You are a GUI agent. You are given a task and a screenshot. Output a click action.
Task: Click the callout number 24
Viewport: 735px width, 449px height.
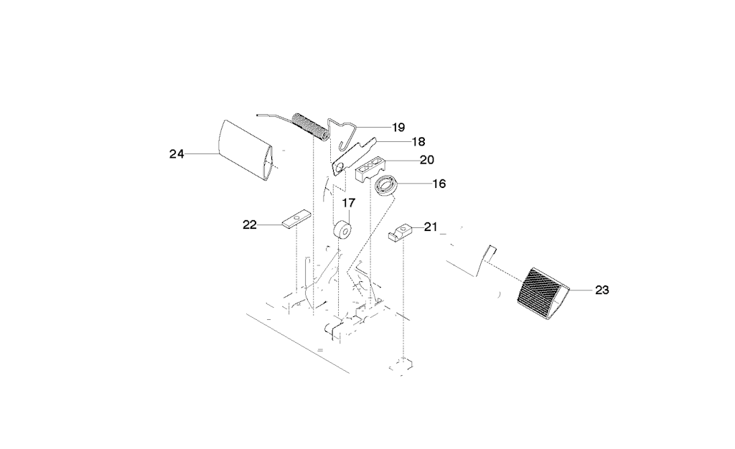tap(177, 153)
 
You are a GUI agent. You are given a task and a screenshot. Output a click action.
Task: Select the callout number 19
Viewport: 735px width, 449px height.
tap(398, 128)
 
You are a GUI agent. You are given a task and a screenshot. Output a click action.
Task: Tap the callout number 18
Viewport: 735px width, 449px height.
tap(418, 141)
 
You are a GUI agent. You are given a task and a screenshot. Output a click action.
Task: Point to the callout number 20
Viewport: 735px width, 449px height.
tap(426, 160)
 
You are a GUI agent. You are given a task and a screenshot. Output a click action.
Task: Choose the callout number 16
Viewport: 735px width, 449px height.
tap(439, 184)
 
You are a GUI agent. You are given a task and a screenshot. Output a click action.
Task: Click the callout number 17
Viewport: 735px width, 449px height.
tap(349, 203)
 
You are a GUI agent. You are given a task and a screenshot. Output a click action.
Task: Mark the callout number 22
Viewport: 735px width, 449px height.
tap(250, 225)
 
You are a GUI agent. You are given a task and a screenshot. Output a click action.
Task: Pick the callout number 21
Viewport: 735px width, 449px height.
tap(431, 227)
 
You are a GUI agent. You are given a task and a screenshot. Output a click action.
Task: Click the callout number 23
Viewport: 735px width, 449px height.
tap(602, 290)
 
